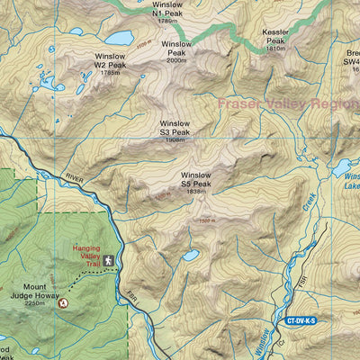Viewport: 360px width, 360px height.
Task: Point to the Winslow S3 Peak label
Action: pyautogui.click(x=175, y=128)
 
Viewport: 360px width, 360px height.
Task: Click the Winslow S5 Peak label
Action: pyautogui.click(x=195, y=179)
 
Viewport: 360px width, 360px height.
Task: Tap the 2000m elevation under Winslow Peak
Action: pyautogui.click(x=177, y=60)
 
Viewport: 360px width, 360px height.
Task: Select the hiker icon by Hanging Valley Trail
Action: pyautogui.click(x=108, y=261)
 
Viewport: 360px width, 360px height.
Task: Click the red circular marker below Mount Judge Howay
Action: pyautogui.click(x=62, y=304)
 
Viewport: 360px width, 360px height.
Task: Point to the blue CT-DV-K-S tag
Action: pyautogui.click(x=301, y=319)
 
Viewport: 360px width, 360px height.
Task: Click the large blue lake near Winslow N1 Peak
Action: pyautogui.click(x=118, y=38)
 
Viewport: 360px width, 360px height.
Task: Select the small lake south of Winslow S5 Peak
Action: pyautogui.click(x=190, y=256)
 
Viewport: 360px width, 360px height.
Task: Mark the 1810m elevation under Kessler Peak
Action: pyautogui.click(x=275, y=49)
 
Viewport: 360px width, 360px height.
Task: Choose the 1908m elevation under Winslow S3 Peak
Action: pyautogui.click(x=175, y=140)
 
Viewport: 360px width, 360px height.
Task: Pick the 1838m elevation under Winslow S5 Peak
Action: pyautogui.click(x=195, y=192)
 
